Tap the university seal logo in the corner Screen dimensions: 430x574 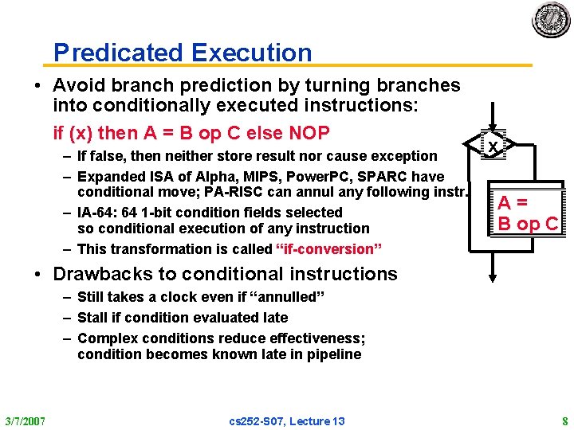tap(551, 19)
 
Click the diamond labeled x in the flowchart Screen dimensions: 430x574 tap(494, 147)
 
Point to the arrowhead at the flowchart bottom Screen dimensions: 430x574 tap(494, 276)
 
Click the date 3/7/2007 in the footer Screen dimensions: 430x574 tap(25, 420)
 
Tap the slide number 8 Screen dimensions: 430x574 tap(564, 420)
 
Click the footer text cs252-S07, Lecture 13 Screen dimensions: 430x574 tap(287, 420)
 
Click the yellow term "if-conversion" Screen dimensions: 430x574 tap(328, 249)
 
